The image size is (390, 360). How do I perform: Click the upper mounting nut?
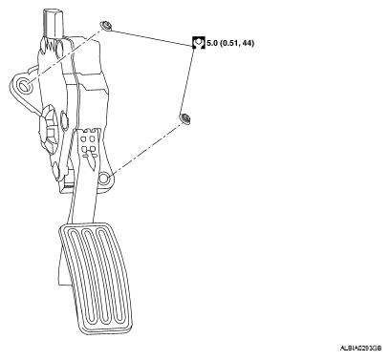(105, 26)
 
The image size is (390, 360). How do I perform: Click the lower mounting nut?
(184, 118)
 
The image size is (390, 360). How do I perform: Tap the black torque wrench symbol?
(199, 43)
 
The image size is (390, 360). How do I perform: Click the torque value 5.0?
(212, 43)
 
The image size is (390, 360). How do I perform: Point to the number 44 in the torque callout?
(247, 43)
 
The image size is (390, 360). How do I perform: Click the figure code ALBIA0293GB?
(360, 349)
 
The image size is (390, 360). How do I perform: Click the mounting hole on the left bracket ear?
(24, 85)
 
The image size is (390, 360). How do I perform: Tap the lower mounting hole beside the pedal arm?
(103, 180)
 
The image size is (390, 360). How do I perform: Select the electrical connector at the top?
(53, 24)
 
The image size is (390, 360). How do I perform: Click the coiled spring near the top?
(51, 47)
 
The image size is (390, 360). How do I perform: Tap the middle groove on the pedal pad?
(95, 274)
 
